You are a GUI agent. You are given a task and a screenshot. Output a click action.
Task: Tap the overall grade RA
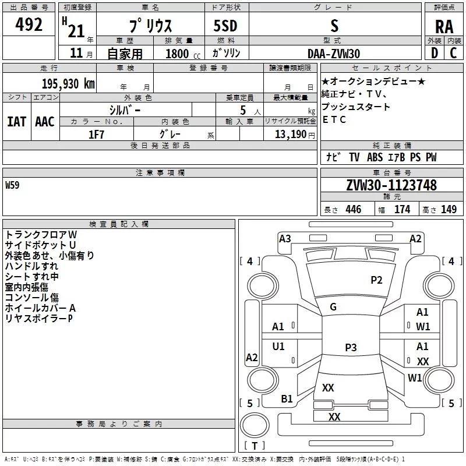(444, 26)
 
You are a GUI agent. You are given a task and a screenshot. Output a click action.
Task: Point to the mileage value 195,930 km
(68, 84)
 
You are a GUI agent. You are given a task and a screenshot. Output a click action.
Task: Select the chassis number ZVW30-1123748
(391, 185)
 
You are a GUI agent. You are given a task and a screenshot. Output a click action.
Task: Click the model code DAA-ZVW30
(334, 53)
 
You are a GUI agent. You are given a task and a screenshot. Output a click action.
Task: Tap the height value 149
(449, 210)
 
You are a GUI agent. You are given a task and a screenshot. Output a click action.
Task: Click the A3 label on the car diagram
(285, 238)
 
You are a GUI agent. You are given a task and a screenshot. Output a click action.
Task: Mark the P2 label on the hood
(377, 280)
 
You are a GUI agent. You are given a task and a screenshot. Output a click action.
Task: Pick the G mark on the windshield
(333, 307)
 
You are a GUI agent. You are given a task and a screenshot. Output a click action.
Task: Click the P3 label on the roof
(351, 348)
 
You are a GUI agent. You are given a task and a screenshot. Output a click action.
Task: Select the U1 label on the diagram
(278, 347)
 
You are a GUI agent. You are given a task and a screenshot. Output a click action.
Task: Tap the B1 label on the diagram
(287, 398)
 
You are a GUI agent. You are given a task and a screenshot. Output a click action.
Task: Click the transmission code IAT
(16, 121)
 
